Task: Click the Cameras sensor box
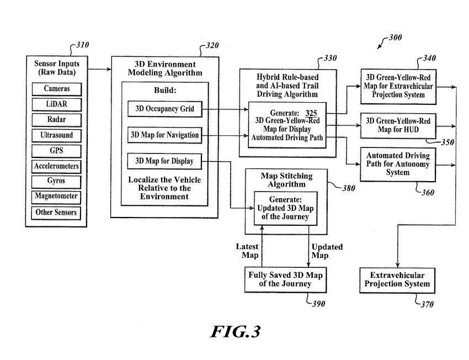57,89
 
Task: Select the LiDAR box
57,104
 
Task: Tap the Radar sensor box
57,120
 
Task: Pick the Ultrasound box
57,135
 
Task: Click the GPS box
57,151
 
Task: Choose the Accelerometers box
57,166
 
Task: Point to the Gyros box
57,181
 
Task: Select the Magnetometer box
57,197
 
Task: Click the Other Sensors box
57,212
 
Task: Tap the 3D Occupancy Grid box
164,109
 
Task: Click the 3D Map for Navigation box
164,135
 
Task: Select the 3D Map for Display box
164,161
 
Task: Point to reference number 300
395,38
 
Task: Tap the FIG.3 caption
235,331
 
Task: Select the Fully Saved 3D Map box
285,280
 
